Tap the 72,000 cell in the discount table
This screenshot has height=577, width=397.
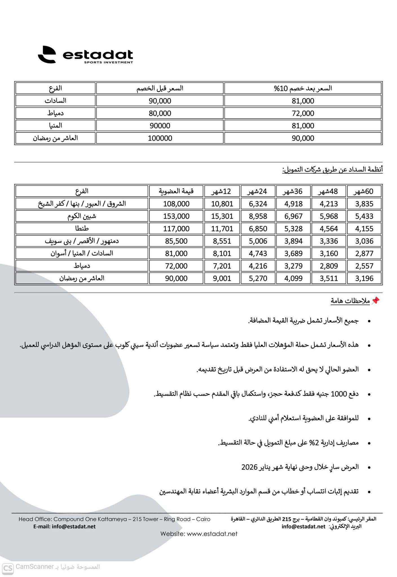pos(303,113)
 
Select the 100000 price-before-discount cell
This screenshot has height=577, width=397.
pos(160,138)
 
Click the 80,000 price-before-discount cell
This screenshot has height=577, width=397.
pos(160,113)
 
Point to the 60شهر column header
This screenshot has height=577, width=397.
pos(364,191)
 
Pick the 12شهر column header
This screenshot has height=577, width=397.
pos(222,191)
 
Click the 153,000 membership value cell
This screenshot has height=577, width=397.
pos(176,216)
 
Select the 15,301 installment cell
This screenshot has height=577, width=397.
pos(222,216)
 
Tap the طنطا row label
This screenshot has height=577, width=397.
pos(82,228)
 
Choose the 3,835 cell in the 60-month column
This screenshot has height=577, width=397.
pos(364,204)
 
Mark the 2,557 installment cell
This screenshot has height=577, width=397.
pos(364,266)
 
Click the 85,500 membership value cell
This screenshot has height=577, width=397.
pos(176,241)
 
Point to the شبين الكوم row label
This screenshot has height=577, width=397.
pos(82,216)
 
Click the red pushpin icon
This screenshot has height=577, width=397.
pos(375,301)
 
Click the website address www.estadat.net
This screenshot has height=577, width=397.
pos(212,534)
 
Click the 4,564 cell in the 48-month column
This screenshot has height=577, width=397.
pos(328,228)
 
